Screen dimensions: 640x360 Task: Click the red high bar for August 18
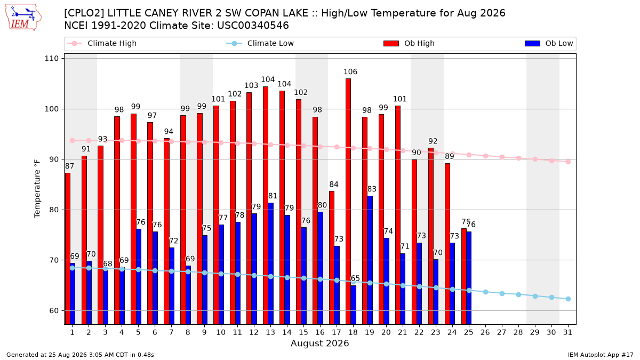[348, 202]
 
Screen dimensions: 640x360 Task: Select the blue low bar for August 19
[370, 260]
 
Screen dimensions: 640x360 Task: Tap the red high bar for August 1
[67, 249]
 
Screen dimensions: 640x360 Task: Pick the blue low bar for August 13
[270, 263]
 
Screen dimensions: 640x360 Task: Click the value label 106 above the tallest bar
[350, 71]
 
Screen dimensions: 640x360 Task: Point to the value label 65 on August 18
[355, 278]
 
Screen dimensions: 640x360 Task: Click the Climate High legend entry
[101, 43]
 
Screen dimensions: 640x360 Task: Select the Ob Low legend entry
[549, 43]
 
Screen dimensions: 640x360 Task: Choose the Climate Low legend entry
[260, 43]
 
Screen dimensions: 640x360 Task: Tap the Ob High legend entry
[409, 43]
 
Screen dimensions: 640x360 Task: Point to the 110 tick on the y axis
[51, 59]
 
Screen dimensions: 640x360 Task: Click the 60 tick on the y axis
[54, 310]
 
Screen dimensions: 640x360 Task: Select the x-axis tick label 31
[567, 332]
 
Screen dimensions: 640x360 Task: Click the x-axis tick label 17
[337, 332]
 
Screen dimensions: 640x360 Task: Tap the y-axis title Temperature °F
[37, 189]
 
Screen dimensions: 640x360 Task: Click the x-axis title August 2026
[319, 343]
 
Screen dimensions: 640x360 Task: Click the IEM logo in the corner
[23, 18]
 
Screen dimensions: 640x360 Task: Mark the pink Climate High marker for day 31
[569, 162]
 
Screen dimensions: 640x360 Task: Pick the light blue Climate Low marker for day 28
[518, 294]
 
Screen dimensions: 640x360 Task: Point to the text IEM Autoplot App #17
[601, 355]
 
